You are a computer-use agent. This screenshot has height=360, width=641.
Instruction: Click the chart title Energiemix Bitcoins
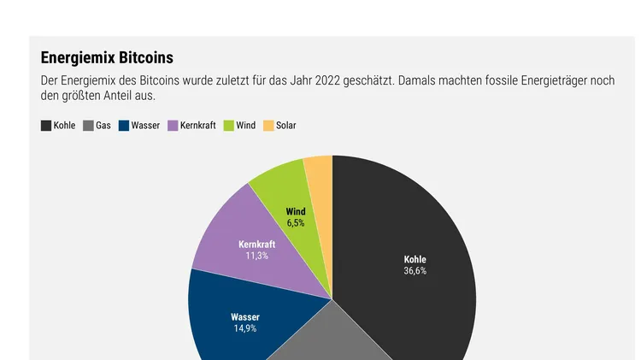107,58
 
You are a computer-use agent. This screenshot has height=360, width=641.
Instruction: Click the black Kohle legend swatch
46,126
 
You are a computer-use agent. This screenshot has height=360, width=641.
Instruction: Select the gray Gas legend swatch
88,126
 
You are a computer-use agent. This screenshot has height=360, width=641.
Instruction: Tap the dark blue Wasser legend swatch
124,126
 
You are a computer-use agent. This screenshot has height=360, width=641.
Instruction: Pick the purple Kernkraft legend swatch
173,126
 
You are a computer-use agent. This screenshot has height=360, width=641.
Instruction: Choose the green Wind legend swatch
229,126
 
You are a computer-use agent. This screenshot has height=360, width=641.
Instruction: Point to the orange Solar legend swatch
268,126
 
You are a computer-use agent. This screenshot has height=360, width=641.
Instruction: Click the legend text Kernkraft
198,126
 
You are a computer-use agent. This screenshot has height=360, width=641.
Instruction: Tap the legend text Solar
286,126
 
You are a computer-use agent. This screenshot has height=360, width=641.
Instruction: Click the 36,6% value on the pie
415,271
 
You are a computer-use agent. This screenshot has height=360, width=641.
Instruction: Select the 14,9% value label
245,328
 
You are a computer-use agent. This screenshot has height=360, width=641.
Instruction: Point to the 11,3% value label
256,256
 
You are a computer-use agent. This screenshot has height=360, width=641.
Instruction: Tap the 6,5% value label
296,222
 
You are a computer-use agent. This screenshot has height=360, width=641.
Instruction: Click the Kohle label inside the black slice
415,259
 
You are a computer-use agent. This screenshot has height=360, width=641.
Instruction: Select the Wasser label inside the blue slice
245,317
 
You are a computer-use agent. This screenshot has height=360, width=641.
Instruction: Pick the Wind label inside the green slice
296,211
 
